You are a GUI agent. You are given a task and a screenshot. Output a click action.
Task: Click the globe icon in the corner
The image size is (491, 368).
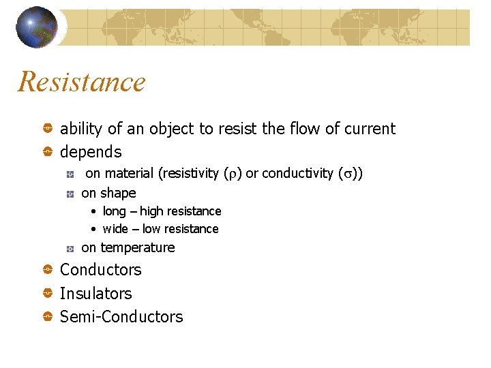[x=36, y=27]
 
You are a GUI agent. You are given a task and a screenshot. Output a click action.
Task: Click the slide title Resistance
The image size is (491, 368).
[x=82, y=82]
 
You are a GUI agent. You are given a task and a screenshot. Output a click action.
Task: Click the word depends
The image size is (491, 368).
[x=91, y=152]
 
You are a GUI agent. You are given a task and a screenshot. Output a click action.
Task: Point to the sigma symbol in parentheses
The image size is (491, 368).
[x=346, y=174]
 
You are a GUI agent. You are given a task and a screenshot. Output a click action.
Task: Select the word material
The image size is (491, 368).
[x=130, y=173]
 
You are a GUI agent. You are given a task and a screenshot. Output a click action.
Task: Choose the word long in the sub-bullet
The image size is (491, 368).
[x=115, y=211]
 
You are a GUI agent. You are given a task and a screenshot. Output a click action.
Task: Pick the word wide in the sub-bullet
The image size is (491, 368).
[x=115, y=229]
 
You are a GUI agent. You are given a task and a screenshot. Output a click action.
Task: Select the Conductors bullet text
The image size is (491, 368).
[x=101, y=270]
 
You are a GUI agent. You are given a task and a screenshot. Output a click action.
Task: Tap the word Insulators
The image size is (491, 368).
[x=96, y=294]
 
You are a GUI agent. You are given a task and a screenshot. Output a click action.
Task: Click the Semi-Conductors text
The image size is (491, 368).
[x=121, y=317]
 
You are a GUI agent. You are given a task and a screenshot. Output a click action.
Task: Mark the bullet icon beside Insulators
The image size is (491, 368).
[x=48, y=294]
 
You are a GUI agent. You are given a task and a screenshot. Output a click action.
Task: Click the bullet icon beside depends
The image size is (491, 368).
[x=48, y=152]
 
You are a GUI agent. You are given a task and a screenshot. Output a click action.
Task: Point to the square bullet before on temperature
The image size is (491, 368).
[x=70, y=248]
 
